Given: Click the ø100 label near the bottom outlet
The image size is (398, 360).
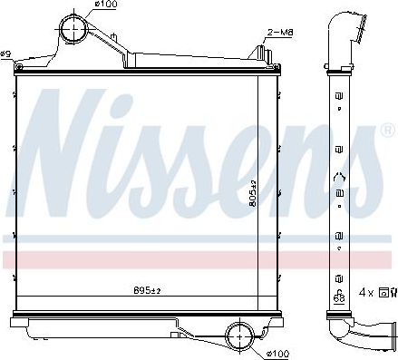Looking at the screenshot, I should click(x=279, y=352).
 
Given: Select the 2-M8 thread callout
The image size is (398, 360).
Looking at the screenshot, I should click(x=279, y=33).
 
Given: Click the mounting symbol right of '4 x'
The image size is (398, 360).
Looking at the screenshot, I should click(x=386, y=292).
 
